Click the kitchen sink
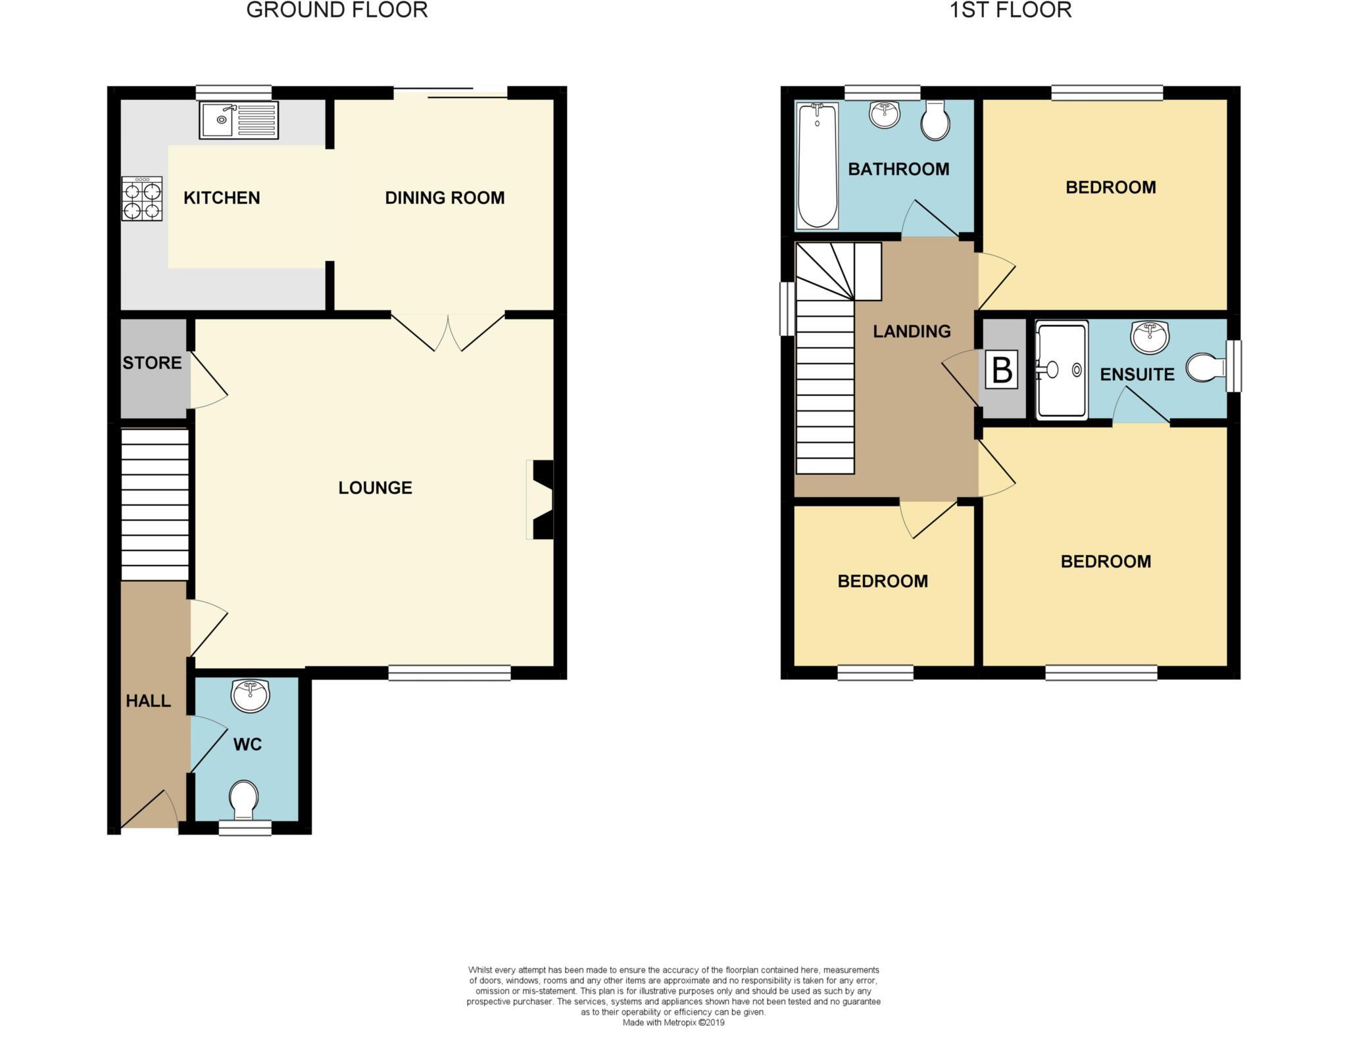click(x=239, y=120)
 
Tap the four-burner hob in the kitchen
click(x=142, y=199)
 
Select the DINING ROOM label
click(x=445, y=198)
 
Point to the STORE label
click(x=152, y=363)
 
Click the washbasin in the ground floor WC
click(x=250, y=696)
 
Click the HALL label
click(x=148, y=701)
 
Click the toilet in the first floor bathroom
click(x=935, y=120)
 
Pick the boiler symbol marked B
click(x=1001, y=370)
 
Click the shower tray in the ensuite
click(x=1062, y=370)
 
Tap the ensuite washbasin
click(x=1149, y=337)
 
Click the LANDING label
click(x=912, y=331)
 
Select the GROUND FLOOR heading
click(x=337, y=11)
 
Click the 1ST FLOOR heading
click(x=1010, y=11)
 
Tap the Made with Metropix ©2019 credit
click(x=673, y=1023)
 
